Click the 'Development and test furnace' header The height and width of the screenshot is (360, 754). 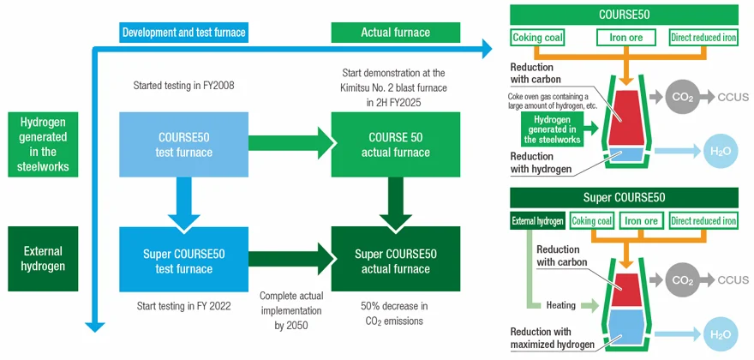click(x=183, y=33)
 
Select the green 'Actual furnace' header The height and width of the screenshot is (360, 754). click(x=395, y=33)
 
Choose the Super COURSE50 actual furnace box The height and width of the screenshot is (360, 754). click(x=394, y=261)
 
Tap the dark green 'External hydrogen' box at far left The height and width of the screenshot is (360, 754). click(x=42, y=259)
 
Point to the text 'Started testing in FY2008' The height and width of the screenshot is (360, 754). click(x=183, y=86)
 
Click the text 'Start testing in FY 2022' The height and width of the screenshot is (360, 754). click(x=183, y=305)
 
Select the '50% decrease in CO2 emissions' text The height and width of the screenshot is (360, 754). click(x=395, y=313)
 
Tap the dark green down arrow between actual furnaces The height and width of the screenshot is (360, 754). click(x=394, y=202)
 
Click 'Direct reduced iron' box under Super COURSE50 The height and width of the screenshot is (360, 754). click(x=703, y=220)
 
